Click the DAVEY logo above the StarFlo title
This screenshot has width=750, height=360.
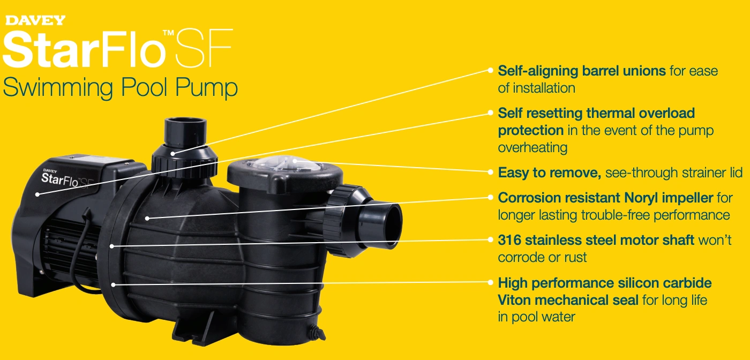pos(35,20)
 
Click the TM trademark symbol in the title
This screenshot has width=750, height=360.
pos(168,33)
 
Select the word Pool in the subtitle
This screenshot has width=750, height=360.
pos(144,87)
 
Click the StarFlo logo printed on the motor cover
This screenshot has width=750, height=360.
pos(67,179)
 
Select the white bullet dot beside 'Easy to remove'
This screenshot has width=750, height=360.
pos(490,172)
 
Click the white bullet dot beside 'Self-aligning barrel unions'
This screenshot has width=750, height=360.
pos(490,70)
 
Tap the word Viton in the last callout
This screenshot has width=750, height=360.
pos(514,300)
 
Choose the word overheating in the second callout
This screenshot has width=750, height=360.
pos(532,148)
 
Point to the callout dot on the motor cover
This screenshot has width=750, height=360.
pos(37,194)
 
